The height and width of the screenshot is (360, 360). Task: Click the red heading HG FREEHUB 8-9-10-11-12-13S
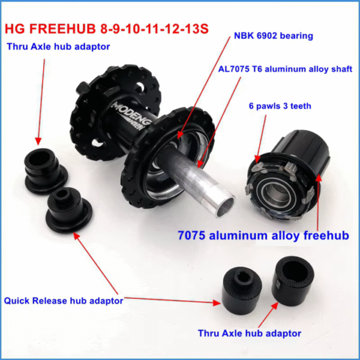[x=107, y=29]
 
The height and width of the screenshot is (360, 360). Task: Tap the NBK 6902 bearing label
[x=273, y=36]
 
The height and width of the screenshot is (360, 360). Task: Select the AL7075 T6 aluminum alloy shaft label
[x=285, y=69]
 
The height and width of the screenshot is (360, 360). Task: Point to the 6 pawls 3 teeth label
[x=280, y=106]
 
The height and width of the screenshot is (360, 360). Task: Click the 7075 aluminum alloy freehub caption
[x=263, y=236]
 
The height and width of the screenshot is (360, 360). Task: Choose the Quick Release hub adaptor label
[x=64, y=301]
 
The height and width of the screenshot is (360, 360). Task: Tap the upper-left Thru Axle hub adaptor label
[x=58, y=47]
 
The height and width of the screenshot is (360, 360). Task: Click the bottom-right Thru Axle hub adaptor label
[x=250, y=334]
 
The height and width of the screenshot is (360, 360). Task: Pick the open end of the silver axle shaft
[x=225, y=206]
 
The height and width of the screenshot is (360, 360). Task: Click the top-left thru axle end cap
[x=46, y=170]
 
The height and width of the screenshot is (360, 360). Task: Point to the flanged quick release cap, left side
[x=68, y=210]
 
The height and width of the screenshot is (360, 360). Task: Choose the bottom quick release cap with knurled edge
[x=242, y=290]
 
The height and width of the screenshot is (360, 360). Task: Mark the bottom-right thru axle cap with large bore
[x=293, y=281]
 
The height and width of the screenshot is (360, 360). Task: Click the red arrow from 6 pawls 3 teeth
[x=261, y=139]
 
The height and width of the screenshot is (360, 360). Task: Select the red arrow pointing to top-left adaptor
[x=41, y=102]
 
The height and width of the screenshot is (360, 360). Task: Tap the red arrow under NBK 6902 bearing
[x=204, y=88]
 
